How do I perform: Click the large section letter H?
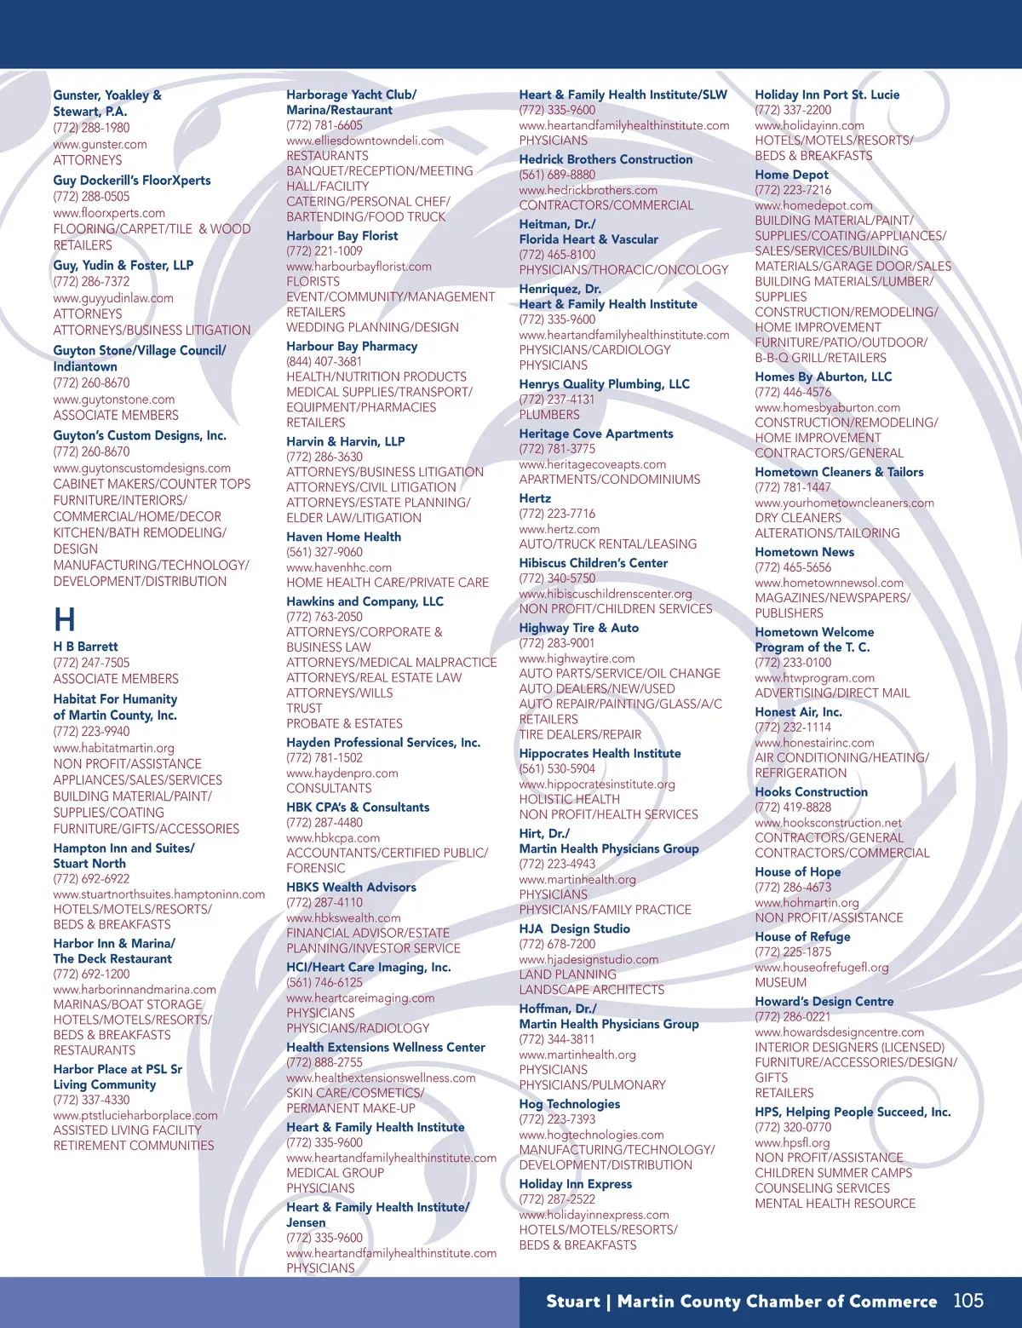coord(65,619)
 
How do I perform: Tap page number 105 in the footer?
coord(967,1301)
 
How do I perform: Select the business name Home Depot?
coord(791,175)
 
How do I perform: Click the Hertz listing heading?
coord(535,498)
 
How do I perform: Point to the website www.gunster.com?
coord(100,144)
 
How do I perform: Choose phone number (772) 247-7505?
coord(91,663)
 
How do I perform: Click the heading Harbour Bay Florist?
coord(342,236)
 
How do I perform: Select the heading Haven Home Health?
coord(343,537)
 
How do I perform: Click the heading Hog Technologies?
coord(569,1104)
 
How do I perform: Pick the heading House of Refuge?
coord(802,936)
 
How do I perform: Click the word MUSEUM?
coord(780,982)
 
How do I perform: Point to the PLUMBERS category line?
coord(549,415)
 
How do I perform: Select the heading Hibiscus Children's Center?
coord(593,563)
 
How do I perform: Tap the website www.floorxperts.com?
coord(109,213)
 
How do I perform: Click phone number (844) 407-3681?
coord(324,361)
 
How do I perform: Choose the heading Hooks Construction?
coord(811,791)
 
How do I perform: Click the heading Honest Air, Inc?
coord(798,712)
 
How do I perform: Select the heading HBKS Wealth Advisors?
coord(351,887)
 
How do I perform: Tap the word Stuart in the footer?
coord(573,1302)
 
